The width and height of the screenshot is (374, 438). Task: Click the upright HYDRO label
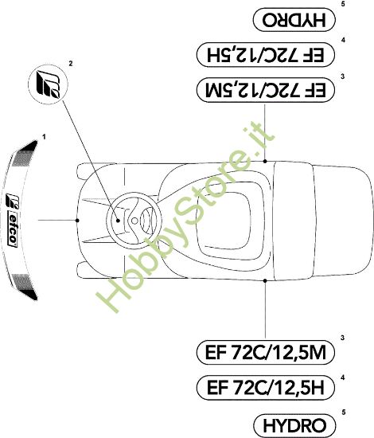294,425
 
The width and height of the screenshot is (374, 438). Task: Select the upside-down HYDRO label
294,20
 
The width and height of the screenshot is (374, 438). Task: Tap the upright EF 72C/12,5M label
266,352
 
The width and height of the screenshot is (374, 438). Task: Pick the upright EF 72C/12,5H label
266,388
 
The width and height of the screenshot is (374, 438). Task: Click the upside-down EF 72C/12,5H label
266,54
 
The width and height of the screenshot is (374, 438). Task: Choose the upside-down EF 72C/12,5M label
266,90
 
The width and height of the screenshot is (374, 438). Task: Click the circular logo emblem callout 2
48,84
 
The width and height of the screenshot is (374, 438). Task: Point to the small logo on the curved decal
12,201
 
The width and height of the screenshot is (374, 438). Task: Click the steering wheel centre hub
134,221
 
